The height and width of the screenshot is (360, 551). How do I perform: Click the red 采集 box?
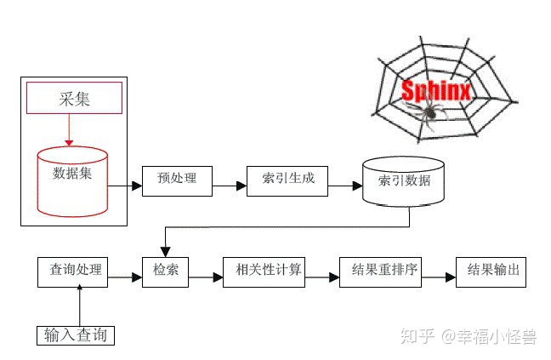73,99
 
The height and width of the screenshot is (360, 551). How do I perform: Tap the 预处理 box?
177,179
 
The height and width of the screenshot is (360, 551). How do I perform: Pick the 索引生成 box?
287,179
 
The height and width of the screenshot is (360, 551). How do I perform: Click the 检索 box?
166,271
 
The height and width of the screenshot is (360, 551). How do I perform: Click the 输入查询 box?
76,335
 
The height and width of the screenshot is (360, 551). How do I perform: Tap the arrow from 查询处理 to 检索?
124,276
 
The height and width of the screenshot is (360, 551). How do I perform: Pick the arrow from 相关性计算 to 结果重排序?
321,276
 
